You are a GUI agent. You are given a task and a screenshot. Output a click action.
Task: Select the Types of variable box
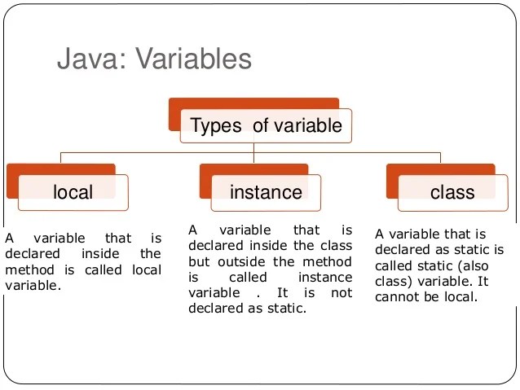(x=267, y=125)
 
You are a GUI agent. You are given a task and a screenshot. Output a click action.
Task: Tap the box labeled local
(x=73, y=192)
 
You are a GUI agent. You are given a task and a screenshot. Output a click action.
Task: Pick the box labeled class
(x=452, y=192)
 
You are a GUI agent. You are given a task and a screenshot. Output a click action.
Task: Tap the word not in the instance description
(x=343, y=292)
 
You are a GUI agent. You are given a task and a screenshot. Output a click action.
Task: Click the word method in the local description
(x=26, y=269)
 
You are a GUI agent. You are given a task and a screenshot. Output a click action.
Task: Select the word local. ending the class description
(x=461, y=296)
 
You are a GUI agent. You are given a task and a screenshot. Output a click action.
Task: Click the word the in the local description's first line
(x=150, y=254)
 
